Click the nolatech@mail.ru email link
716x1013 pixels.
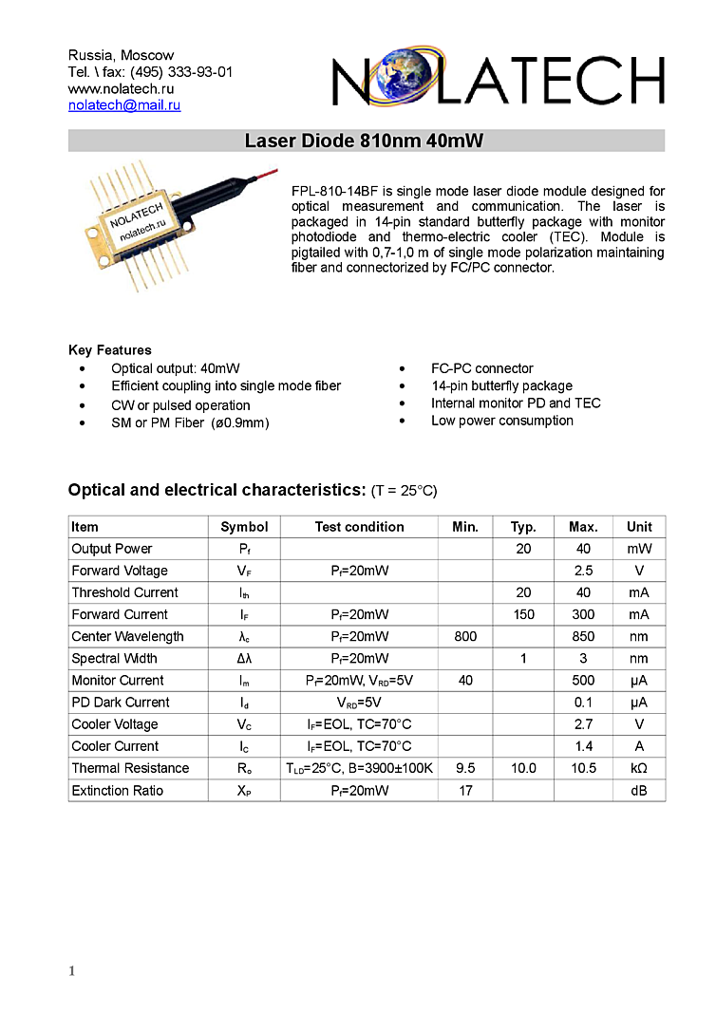click(124, 105)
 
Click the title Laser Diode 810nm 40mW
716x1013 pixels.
click(365, 141)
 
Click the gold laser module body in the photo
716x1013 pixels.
click(141, 224)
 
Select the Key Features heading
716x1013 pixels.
click(110, 350)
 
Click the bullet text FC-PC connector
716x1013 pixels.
click(482, 368)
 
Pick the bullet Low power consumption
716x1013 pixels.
click(502, 421)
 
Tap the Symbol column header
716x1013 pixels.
click(244, 527)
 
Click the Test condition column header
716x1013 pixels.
click(360, 527)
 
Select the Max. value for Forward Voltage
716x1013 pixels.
click(583, 571)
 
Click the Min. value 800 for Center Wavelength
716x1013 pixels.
click(465, 636)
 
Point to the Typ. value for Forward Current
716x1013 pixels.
click(524, 614)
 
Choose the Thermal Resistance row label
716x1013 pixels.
click(130, 768)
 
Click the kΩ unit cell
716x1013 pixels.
click(639, 768)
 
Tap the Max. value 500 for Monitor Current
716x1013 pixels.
click(583, 680)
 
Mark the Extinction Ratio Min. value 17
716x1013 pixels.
click(465, 791)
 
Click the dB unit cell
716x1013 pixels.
click(639, 791)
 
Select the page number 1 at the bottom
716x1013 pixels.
click(71, 970)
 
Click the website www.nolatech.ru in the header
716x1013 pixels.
click(122, 88)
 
